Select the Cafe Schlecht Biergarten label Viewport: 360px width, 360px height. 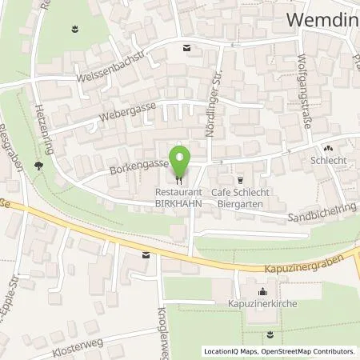pos(238,198)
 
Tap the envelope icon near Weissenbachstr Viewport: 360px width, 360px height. pos(187,48)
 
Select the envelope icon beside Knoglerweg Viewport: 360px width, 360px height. pos(146,255)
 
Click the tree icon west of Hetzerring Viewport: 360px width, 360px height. pos(38,165)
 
